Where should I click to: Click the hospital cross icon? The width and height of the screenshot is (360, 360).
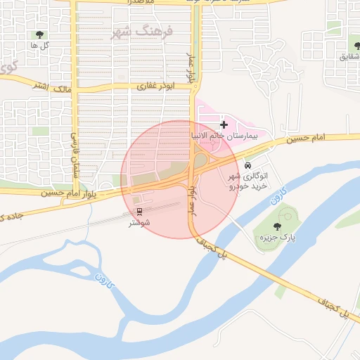pyautogui.click(x=224, y=124)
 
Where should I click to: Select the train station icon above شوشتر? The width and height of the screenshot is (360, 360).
pyautogui.click(x=139, y=211)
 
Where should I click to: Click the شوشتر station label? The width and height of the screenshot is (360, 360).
pyautogui.click(x=139, y=223)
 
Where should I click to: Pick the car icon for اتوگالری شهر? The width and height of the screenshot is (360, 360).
pyautogui.click(x=247, y=166)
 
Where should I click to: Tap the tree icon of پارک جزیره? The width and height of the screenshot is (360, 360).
pyautogui.click(x=277, y=226)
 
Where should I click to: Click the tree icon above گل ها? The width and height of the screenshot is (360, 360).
pyautogui.click(x=39, y=34)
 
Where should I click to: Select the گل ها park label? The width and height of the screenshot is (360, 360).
pyautogui.click(x=38, y=45)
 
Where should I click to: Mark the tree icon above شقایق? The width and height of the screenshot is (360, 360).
pyautogui.click(x=349, y=46)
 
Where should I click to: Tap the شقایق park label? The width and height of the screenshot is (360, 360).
pyautogui.click(x=347, y=57)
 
